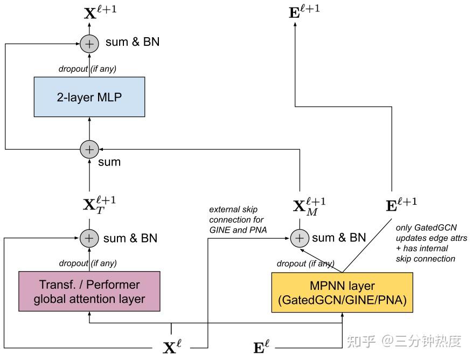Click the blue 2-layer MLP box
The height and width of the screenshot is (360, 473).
point(89,97)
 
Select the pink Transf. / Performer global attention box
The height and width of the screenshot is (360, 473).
point(89,292)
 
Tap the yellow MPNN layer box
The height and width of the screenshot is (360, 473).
point(342,293)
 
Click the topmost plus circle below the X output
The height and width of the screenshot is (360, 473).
point(89,43)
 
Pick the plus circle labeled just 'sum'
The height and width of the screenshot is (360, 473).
point(89,149)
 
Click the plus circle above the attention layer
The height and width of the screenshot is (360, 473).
point(89,238)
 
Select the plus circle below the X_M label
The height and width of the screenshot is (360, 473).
point(300,238)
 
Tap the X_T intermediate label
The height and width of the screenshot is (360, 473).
point(99,205)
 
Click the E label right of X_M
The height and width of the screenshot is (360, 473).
point(401,204)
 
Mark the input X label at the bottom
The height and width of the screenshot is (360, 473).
point(172,347)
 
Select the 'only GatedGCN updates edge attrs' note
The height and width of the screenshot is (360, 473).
point(430,243)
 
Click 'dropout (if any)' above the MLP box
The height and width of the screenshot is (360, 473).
point(87,68)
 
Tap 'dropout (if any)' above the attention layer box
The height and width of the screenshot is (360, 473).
point(87,264)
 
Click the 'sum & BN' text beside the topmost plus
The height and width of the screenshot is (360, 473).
point(133,41)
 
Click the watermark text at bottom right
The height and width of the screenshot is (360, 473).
point(404,341)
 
